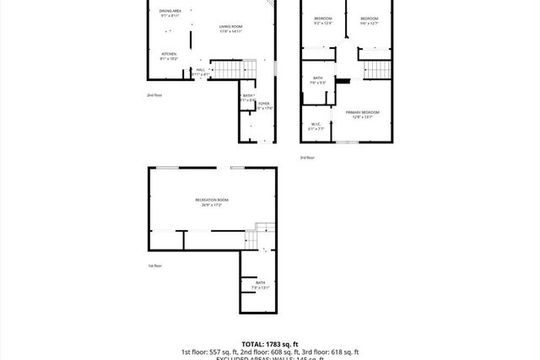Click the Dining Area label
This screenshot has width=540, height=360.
pos(170,13)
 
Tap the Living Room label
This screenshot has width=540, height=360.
pos(230,30)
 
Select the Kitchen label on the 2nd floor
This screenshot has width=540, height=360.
pos(169,56)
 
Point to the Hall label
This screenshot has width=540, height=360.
pos(200,72)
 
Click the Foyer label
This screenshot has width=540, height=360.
pos(263,105)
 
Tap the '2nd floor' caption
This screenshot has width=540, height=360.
pos(154,95)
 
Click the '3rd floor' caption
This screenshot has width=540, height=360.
pos(307,158)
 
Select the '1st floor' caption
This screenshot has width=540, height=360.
pos(154,266)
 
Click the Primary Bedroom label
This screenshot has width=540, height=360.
pos(362,114)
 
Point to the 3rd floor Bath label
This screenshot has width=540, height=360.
pos(317,80)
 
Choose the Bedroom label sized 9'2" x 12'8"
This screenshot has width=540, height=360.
pos(323,20)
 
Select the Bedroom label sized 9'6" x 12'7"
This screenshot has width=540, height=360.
pos(369,20)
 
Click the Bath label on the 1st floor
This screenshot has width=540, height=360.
pos(260,285)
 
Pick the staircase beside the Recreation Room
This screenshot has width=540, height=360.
pos(265,233)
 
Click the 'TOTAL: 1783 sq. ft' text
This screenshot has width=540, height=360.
pos(269,344)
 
